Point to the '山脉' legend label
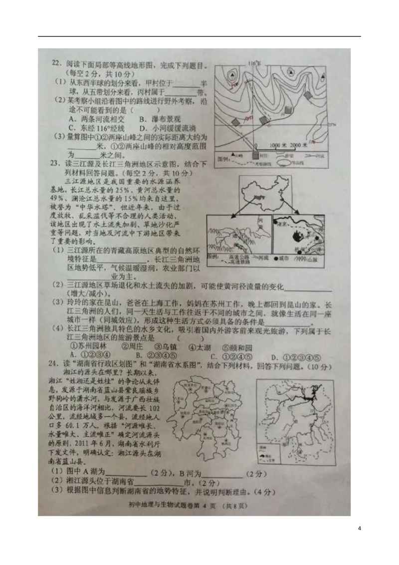pyautogui.click(x=312, y=259)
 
